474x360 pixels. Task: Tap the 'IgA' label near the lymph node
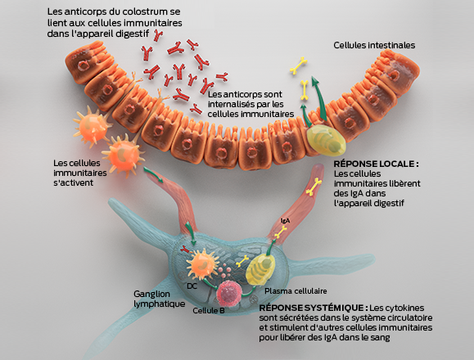coord(285,220)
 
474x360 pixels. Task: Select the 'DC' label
coord(191,286)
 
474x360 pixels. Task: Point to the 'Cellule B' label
coord(209,310)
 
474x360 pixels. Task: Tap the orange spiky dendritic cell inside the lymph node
coord(201,265)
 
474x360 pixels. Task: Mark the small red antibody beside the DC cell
coord(186,249)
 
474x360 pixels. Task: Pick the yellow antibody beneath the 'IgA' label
coord(281,232)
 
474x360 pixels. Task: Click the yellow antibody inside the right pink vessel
coord(313,189)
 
